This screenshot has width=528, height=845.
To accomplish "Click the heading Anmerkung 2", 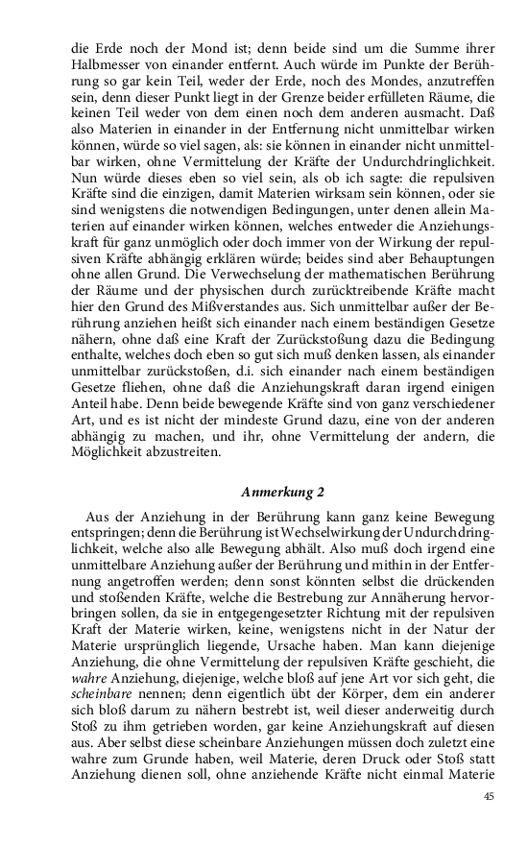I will point(282,493).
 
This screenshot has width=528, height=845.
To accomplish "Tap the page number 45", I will point(489,796).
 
